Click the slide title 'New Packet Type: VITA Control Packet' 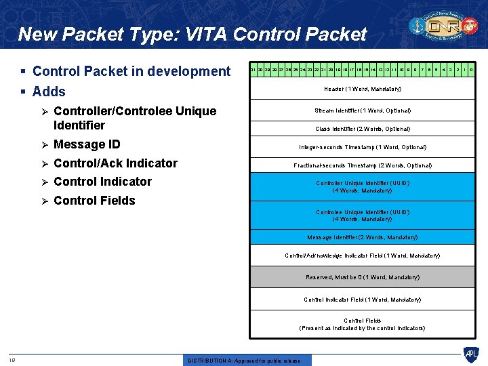[192, 34]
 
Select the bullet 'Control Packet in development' [131, 71]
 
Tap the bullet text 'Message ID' [87, 144]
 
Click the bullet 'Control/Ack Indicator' [115, 163]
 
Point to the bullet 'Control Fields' [94, 201]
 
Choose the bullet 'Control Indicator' [102, 182]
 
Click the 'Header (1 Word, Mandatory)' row [363, 89]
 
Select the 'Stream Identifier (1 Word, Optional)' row [363, 110]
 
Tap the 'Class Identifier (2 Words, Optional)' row [363, 129]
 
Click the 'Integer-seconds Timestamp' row [363, 147]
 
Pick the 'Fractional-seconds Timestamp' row [363, 165]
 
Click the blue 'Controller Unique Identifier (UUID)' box [363, 187]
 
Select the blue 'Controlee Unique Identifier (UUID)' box [363, 216]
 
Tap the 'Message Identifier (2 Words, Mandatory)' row [363, 237]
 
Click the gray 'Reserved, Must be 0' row [363, 277]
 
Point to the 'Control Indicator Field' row [363, 300]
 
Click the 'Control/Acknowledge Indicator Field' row [363, 256]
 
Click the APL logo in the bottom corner [470, 354]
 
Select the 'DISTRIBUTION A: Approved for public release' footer [244, 361]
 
